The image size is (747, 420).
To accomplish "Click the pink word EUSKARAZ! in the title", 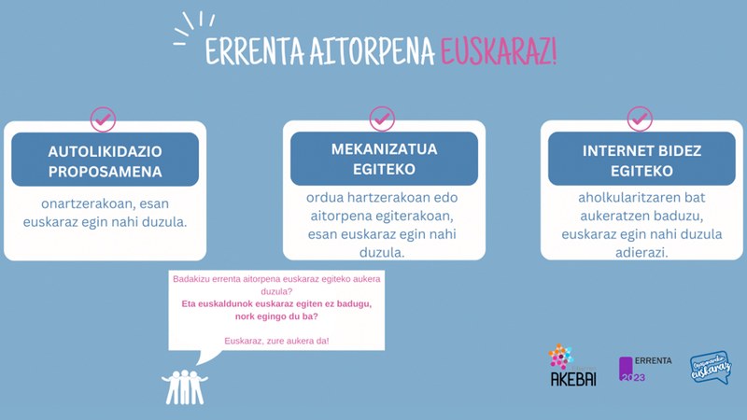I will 499,51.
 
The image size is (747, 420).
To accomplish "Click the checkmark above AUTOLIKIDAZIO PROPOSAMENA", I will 103,119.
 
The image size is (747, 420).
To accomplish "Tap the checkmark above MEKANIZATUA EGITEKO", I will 382,119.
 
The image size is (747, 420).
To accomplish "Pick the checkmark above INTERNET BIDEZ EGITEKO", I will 640,119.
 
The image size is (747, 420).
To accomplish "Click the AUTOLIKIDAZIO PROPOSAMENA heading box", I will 106,160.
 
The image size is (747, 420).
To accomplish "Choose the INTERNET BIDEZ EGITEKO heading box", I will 641,160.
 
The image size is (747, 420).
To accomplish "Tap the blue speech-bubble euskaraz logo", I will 711,368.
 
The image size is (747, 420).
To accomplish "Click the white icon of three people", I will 185,385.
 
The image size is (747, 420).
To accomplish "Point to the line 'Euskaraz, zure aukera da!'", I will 276,340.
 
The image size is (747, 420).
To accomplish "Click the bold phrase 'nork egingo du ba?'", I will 276,315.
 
